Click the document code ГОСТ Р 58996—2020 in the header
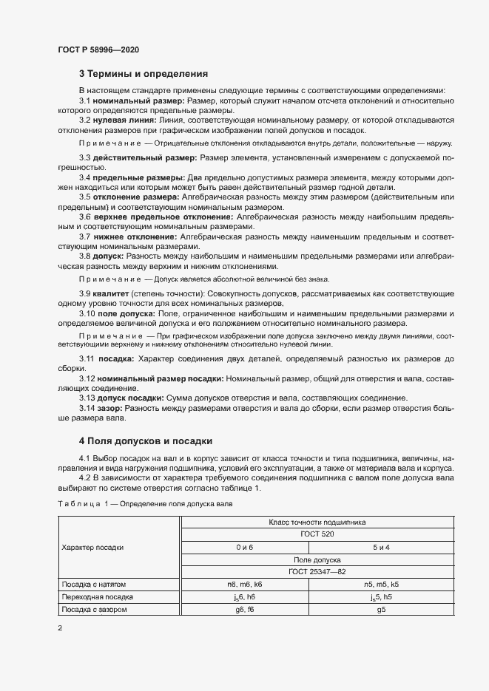[98, 50]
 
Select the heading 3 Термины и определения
[143, 74]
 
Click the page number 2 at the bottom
[60, 627]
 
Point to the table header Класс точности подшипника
[317, 522]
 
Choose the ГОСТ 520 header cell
[317, 534]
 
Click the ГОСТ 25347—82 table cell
[317, 571]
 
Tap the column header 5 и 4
[382, 547]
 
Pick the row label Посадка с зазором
[94, 609]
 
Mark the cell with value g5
[382, 609]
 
